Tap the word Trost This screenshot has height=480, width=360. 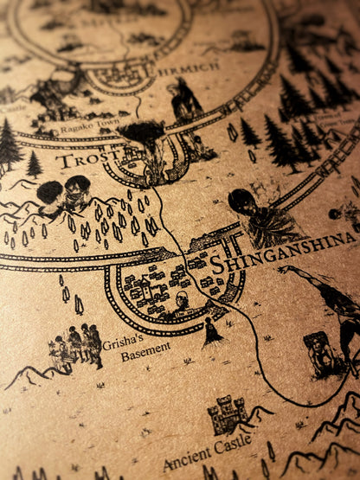[83, 160]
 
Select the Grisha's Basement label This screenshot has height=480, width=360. [133, 349]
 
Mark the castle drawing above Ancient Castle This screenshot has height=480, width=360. [227, 413]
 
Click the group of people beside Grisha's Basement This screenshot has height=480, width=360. [76, 346]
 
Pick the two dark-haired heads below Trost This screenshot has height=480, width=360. [64, 193]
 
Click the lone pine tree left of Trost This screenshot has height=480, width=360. [34, 163]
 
